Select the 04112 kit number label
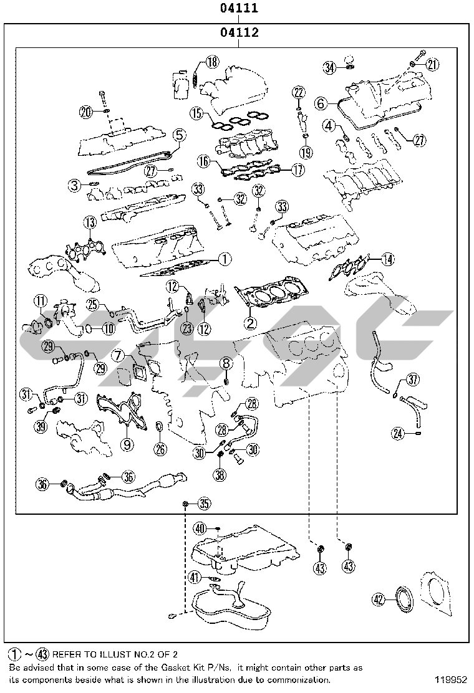[238, 32]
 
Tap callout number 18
[213, 61]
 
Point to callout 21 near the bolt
[432, 64]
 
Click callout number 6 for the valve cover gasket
[321, 102]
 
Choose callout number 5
[178, 134]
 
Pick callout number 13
[90, 222]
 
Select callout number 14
[388, 259]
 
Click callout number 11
[40, 302]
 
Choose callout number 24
[399, 433]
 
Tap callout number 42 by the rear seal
[378, 600]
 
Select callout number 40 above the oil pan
[200, 528]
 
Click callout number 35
[204, 504]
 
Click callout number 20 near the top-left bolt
[86, 112]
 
